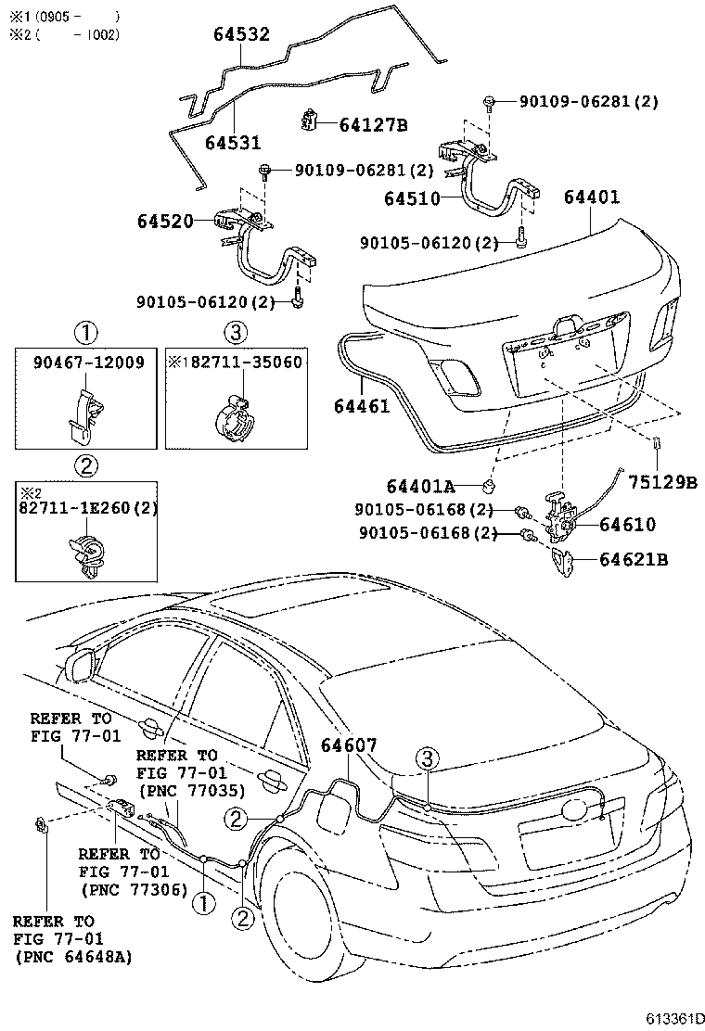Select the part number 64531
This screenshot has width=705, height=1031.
232,143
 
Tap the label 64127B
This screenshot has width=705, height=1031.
373,123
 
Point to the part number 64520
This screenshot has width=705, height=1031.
165,222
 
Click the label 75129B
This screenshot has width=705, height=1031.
661,481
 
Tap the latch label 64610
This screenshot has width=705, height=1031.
628,525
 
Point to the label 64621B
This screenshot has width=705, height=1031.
634,559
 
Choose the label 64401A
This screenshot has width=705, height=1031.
421,486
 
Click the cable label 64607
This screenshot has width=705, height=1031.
349,745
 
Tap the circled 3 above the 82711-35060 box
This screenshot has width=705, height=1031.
235,331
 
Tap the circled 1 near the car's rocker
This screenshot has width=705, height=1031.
203,898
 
